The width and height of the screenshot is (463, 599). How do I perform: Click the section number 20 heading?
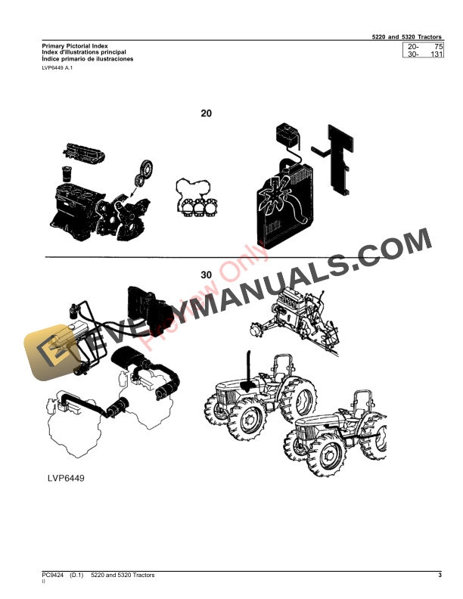click(x=206, y=114)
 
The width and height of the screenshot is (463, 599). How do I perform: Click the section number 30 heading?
click(x=207, y=275)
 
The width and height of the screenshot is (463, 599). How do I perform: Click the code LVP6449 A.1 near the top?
click(x=57, y=68)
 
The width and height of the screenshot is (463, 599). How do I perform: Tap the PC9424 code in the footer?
click(x=54, y=576)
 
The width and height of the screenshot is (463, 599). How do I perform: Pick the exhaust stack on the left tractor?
click(x=247, y=371)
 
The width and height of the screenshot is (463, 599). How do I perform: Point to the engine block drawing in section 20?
click(x=83, y=197)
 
